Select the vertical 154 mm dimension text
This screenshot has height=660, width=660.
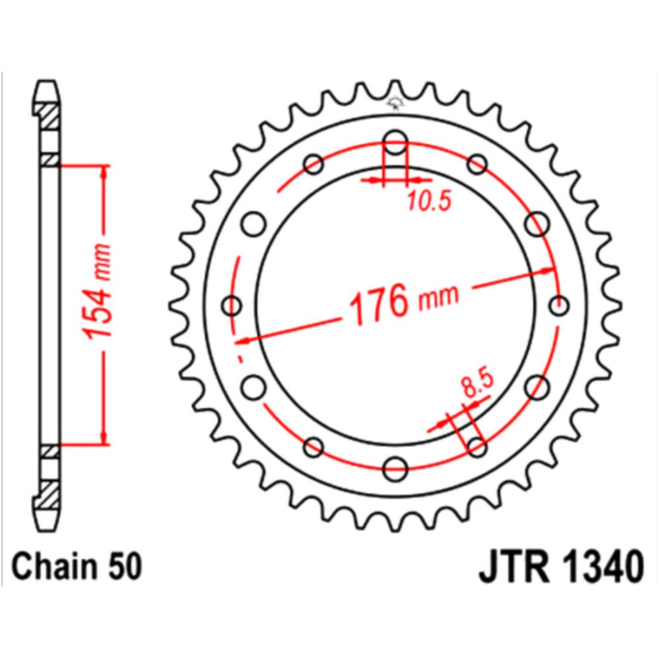[x=98, y=291]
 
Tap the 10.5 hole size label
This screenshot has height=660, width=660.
[x=430, y=201]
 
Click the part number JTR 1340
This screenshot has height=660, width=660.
[x=561, y=566]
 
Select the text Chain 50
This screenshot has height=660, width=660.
[x=77, y=566]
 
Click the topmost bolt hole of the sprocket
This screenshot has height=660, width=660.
[x=395, y=142]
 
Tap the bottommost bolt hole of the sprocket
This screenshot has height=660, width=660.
[x=395, y=469]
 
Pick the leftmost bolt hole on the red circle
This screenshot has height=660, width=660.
[x=232, y=306]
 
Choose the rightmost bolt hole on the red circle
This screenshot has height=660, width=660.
[x=559, y=306]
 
